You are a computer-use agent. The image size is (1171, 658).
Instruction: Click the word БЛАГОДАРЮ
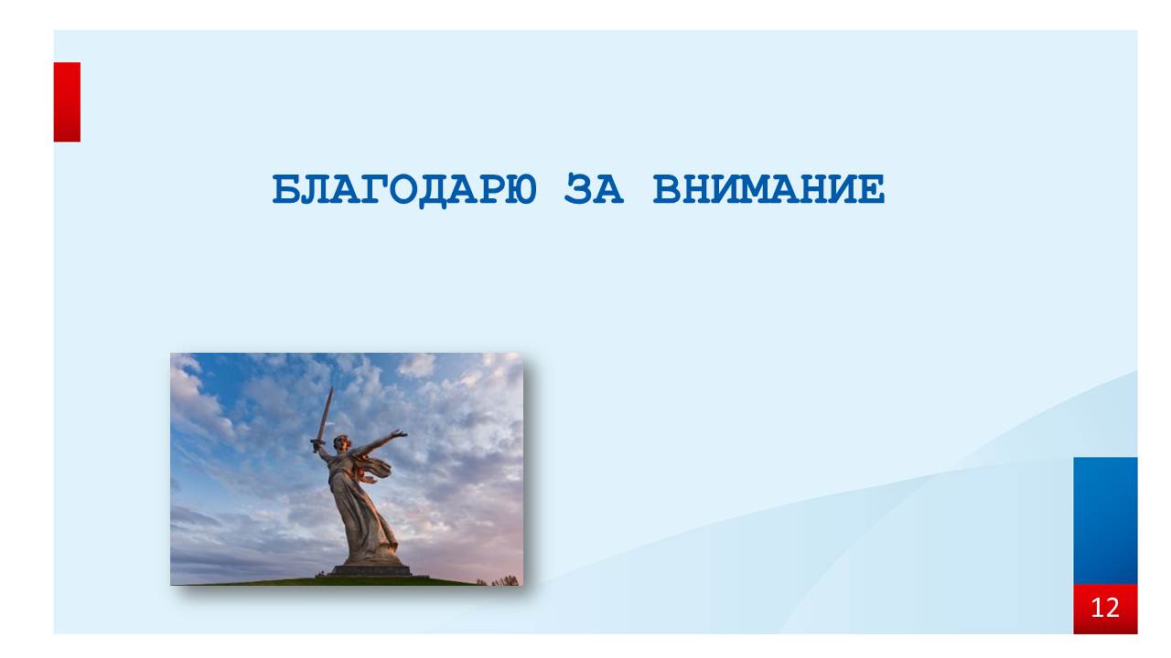[x=404, y=190]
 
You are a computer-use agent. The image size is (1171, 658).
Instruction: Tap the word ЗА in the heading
[x=594, y=188]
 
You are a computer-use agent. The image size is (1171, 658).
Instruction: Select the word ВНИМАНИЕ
[x=769, y=188]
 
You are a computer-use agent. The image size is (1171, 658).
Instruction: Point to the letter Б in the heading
[x=286, y=189]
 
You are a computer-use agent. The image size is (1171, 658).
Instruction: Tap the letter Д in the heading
[x=434, y=191]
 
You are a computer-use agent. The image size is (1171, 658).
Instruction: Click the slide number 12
[x=1105, y=608]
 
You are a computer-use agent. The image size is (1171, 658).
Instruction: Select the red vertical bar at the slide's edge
[x=67, y=101]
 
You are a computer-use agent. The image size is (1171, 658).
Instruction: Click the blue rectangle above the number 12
[x=1105, y=521]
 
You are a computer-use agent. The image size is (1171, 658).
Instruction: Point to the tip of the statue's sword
[x=331, y=388]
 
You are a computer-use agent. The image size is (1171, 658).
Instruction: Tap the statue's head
[x=342, y=441]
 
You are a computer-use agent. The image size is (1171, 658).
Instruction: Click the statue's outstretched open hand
[x=400, y=433]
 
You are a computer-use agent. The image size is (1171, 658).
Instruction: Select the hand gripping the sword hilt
[x=317, y=445]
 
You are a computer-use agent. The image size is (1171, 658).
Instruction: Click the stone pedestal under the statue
[x=371, y=570]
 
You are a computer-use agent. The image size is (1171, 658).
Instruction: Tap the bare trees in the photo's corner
[x=505, y=580]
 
